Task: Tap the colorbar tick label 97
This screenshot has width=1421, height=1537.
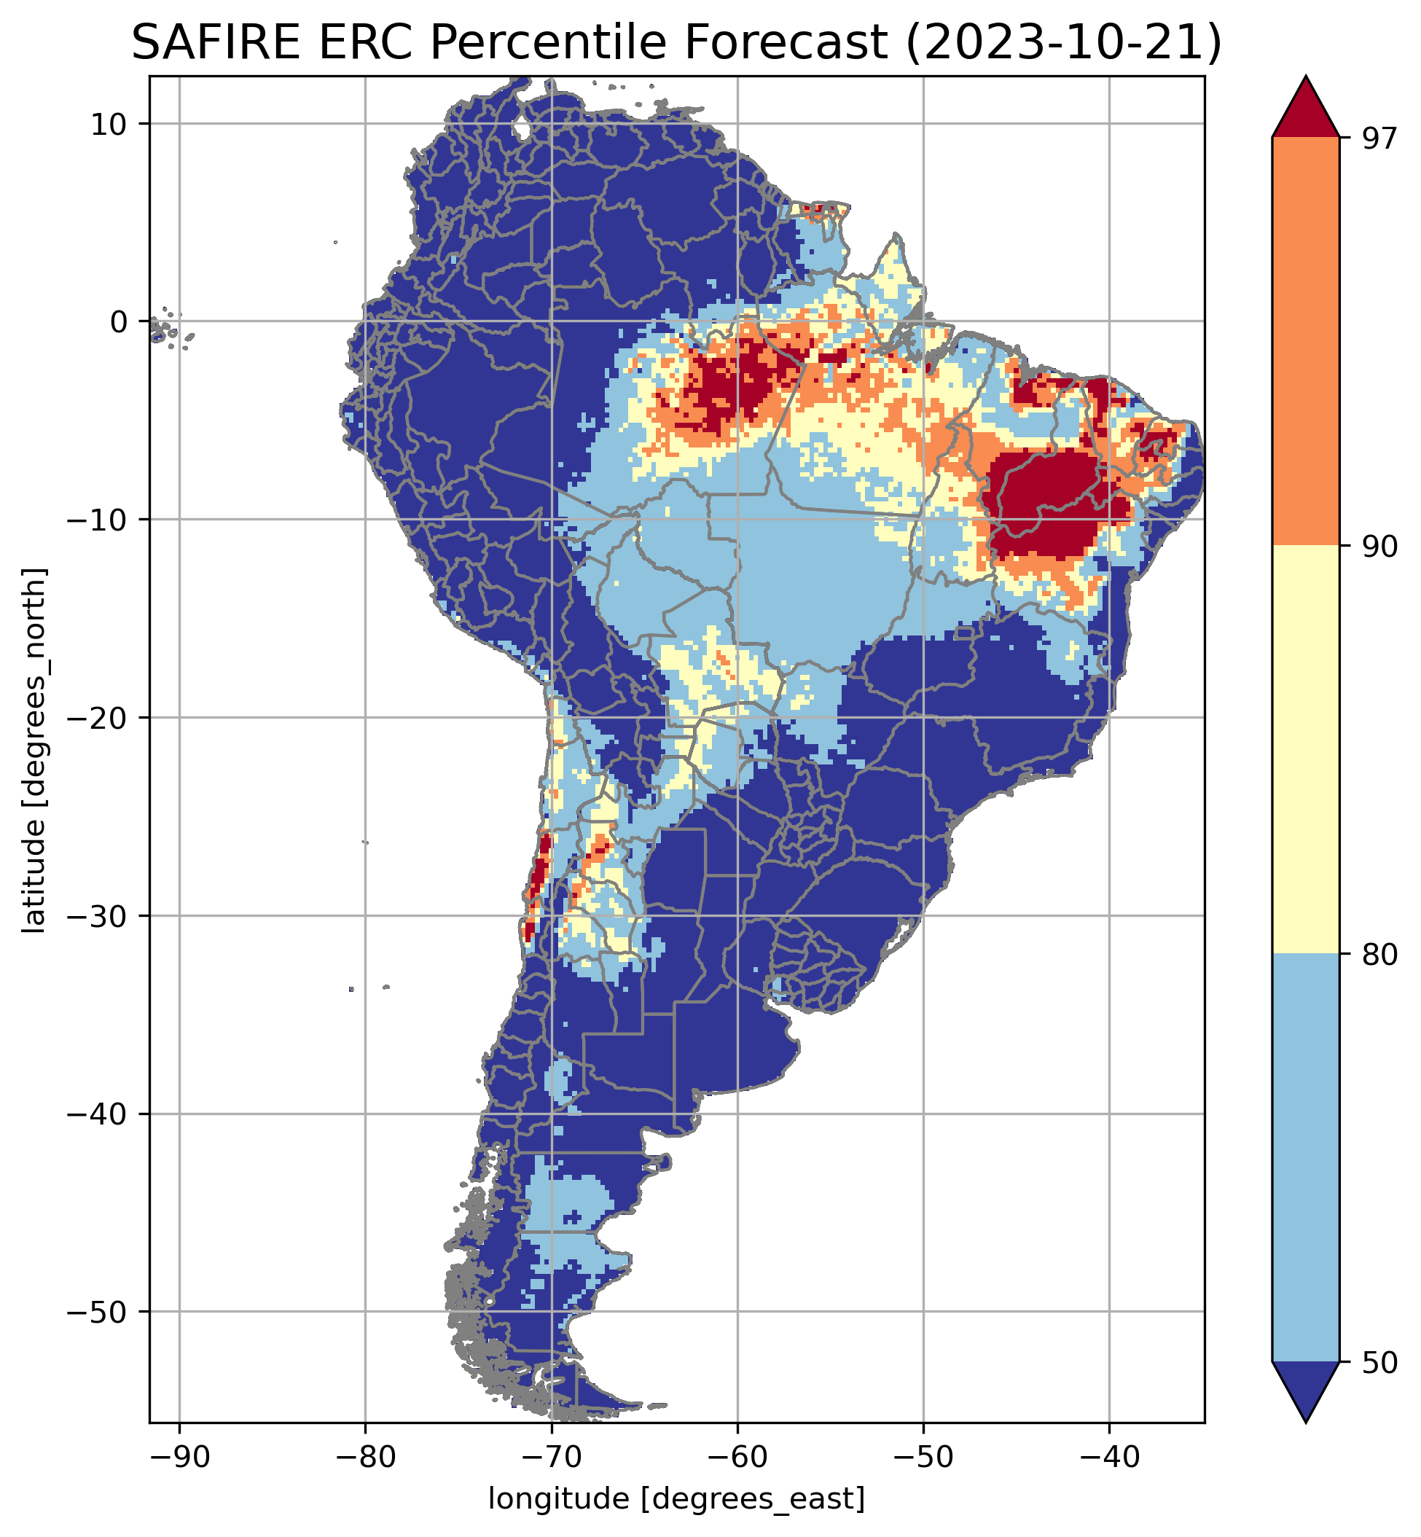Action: tap(1377, 139)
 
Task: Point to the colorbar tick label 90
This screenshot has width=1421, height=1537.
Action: tap(1377, 547)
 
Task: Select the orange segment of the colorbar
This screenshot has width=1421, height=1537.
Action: tap(1306, 342)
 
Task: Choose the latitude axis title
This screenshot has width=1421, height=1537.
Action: tap(34, 751)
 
